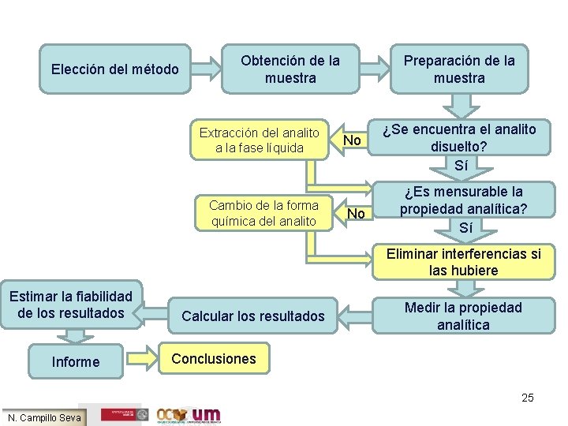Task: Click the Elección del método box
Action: [115, 69]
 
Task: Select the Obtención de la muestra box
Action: [290, 69]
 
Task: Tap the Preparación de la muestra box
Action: [459, 69]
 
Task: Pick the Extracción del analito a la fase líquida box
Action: [260, 140]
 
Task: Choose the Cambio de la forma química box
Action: [263, 213]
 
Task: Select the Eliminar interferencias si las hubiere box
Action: [464, 262]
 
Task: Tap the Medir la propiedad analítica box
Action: [464, 316]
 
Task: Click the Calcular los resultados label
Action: [253, 316]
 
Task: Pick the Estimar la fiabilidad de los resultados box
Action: [71, 305]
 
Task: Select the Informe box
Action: [76, 362]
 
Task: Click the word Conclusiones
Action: [214, 359]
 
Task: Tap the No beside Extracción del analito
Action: [353, 140]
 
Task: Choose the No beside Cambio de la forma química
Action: [357, 214]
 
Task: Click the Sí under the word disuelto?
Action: [461, 165]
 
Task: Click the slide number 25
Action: [527, 398]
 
